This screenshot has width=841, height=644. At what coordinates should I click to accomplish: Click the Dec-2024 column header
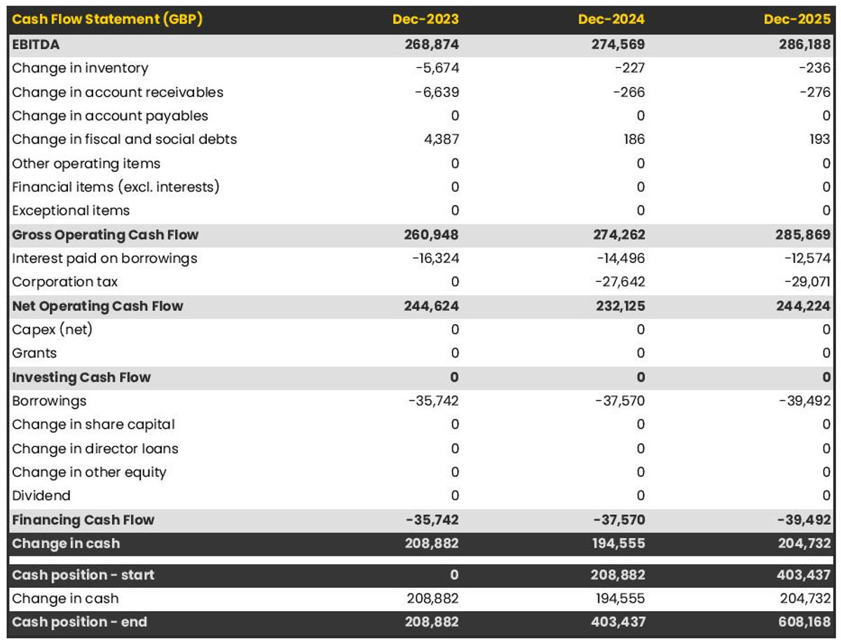point(611,20)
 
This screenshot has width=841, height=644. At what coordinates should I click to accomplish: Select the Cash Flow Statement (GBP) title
point(107,20)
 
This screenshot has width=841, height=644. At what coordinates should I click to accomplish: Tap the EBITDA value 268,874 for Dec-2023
point(432,44)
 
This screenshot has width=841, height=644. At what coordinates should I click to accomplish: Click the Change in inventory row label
point(80,68)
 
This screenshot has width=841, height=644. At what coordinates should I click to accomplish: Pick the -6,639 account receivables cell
point(437,92)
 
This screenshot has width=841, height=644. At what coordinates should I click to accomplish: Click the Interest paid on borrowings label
point(104,258)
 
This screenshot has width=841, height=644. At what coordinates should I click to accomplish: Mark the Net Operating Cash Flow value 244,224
point(803,306)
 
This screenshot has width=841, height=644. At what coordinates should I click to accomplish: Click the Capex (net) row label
point(52,329)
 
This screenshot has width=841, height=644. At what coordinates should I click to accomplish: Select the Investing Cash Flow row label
point(81,377)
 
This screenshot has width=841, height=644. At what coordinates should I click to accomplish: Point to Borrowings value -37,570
point(621,401)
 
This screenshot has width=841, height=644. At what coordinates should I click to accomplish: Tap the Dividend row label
point(41,495)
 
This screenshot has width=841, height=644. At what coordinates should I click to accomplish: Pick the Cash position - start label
point(83,575)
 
